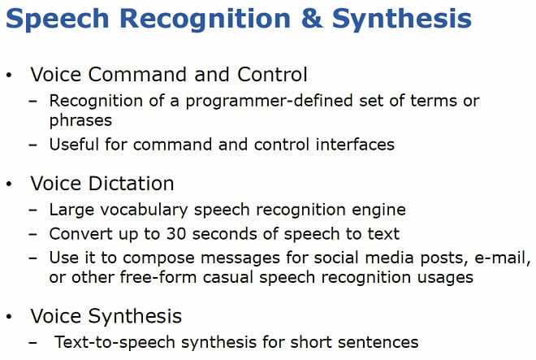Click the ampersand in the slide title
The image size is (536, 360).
coord(311,18)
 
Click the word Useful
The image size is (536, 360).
coord(74,144)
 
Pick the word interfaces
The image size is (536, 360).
coord(355,144)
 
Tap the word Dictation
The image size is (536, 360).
coord(132,184)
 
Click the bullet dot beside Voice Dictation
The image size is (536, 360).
coord(9,184)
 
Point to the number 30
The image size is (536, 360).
coord(176,234)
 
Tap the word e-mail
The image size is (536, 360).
coord(502,258)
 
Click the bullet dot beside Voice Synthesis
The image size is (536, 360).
coord(9,316)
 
